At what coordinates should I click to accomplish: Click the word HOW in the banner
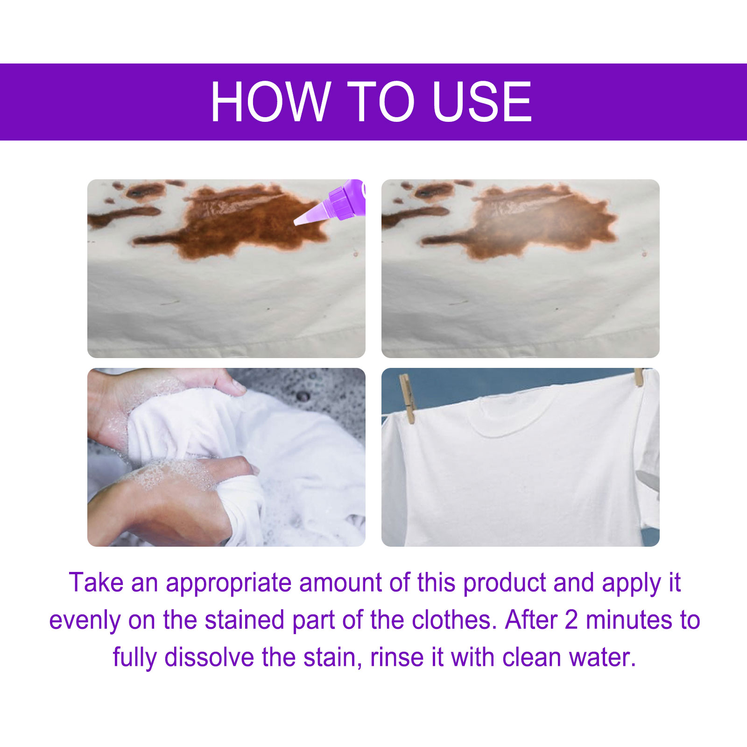(x=270, y=101)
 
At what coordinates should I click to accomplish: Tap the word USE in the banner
(x=482, y=101)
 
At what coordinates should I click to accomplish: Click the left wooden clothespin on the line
(x=407, y=398)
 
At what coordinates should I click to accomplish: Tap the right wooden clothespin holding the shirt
(x=638, y=377)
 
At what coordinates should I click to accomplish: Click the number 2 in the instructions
(x=571, y=620)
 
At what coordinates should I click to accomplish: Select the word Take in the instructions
(x=96, y=583)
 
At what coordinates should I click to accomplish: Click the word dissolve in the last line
(x=209, y=657)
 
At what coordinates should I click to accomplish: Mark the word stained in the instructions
(x=245, y=620)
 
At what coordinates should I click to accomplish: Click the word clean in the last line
(x=531, y=657)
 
